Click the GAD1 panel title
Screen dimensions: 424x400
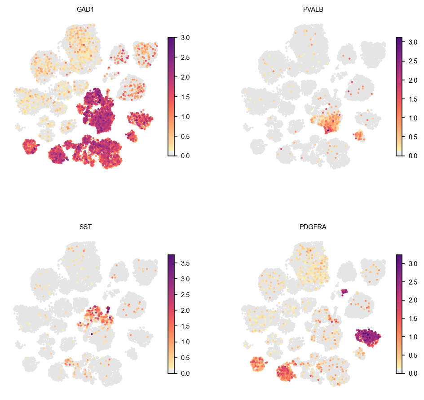pyautogui.click(x=85, y=9)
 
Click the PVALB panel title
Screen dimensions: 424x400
pyautogui.click(x=313, y=9)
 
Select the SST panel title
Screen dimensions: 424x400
pyautogui.click(x=85, y=227)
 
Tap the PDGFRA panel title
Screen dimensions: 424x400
pyautogui.click(x=313, y=227)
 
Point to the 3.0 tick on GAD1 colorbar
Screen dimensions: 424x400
pyautogui.click(x=185, y=38)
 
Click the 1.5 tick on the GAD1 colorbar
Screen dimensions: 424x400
pyautogui.click(x=185, y=97)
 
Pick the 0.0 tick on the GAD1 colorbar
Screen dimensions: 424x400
pyautogui.click(x=185, y=156)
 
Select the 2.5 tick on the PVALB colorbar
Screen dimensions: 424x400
pyautogui.click(x=413, y=61)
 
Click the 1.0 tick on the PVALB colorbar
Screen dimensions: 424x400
pyautogui.click(x=413, y=118)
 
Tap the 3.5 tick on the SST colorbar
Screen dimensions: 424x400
pyautogui.click(x=185, y=263)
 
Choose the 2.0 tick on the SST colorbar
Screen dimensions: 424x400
pyautogui.click(x=185, y=311)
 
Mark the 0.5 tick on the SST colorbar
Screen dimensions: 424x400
pyautogui.click(x=185, y=357)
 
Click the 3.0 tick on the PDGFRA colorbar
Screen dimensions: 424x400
pyautogui.click(x=413, y=264)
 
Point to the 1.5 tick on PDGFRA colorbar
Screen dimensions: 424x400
pyautogui.click(x=413, y=319)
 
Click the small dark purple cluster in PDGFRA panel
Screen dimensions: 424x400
pyautogui.click(x=344, y=292)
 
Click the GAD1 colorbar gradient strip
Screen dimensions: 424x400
pyautogui.click(x=171, y=97)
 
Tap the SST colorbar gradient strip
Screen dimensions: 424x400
pyautogui.click(x=171, y=314)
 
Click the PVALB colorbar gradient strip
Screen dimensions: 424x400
pyautogui.click(x=399, y=97)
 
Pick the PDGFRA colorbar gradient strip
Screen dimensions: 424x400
pyautogui.click(x=399, y=314)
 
